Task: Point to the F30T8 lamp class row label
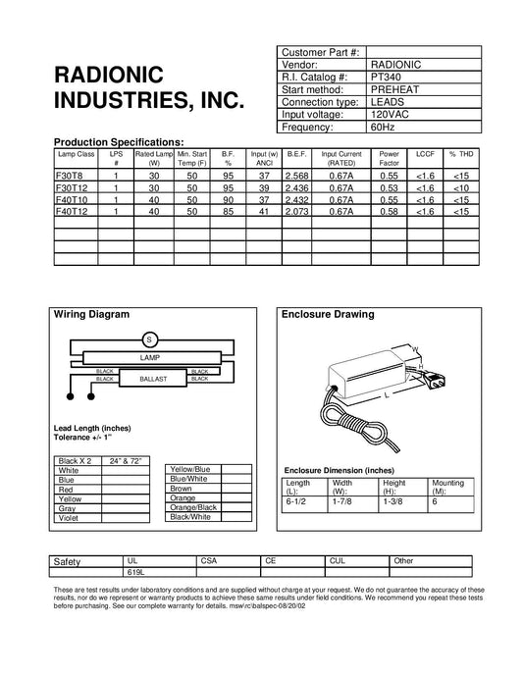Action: tap(71, 174)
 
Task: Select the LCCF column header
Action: tap(425, 154)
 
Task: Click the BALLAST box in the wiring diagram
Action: tap(156, 378)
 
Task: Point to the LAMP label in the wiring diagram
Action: tap(150, 359)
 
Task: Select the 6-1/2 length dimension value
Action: tap(295, 501)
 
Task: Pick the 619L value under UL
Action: tap(135, 570)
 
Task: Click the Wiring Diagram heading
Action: tap(90, 316)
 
